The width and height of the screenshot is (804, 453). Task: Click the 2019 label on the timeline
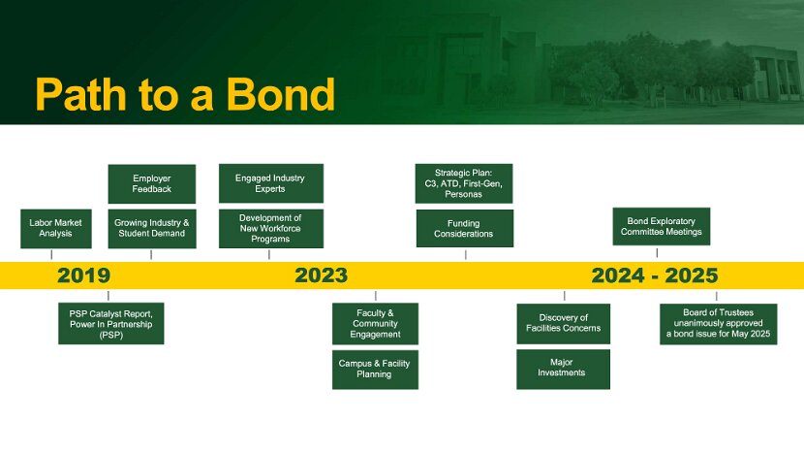coord(83,275)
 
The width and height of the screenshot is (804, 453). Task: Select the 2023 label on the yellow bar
coord(321,275)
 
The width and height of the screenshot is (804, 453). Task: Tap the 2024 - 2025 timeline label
coord(655,275)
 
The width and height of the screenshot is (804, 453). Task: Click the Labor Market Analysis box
coord(56,229)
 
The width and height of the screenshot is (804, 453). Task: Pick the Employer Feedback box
coord(152,184)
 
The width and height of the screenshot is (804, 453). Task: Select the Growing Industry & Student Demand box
coord(152,229)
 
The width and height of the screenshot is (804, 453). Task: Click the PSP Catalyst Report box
coord(111,324)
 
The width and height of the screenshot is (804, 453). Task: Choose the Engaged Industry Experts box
coord(270,183)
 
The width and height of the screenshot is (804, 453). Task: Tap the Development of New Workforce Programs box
coord(270,229)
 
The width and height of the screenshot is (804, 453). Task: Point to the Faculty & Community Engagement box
coord(375,324)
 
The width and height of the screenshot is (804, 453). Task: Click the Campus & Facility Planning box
coord(375,370)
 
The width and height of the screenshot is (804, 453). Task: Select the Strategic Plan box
coord(464,183)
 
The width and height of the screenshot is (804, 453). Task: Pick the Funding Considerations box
coord(465,229)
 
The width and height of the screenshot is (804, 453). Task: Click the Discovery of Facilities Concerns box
coord(564,324)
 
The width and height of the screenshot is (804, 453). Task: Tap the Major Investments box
coord(564,370)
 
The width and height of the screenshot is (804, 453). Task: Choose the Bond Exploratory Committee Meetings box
coord(662,227)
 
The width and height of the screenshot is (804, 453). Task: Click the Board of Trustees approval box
coord(719,324)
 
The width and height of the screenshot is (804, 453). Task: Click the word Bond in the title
coord(281,94)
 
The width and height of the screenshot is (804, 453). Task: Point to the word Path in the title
coord(81,94)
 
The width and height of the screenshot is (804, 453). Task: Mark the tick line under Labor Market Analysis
coord(51,255)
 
